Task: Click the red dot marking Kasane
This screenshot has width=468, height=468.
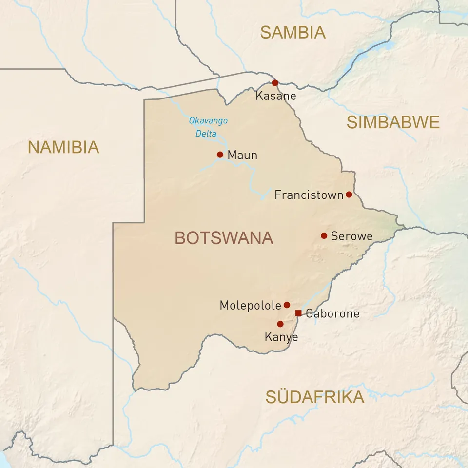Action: (x=275, y=83)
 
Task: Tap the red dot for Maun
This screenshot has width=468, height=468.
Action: (x=220, y=155)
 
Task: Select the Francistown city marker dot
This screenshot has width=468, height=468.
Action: (x=349, y=195)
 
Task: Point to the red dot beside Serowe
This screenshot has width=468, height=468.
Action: (x=324, y=236)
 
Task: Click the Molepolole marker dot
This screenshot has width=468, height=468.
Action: (x=287, y=305)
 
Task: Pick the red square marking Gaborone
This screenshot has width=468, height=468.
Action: (x=298, y=313)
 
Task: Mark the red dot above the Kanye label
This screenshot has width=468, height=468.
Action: (x=280, y=324)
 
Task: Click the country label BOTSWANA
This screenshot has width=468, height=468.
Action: (x=224, y=238)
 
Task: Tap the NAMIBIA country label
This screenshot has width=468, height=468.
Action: (x=63, y=147)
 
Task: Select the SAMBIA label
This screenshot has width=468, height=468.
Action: (x=292, y=32)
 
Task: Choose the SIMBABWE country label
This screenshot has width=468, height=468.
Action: (x=393, y=122)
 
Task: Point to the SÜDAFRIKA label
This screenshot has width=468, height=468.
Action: (x=314, y=397)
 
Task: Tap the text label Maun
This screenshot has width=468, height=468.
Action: (x=242, y=156)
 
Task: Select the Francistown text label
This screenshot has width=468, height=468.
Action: (x=309, y=195)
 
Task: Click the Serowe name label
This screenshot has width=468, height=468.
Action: (x=351, y=236)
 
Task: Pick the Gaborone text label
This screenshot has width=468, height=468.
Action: (x=332, y=313)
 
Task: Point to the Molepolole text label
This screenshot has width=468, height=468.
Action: (x=250, y=306)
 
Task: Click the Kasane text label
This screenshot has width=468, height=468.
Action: (x=276, y=96)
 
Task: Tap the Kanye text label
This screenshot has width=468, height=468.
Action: (x=281, y=337)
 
